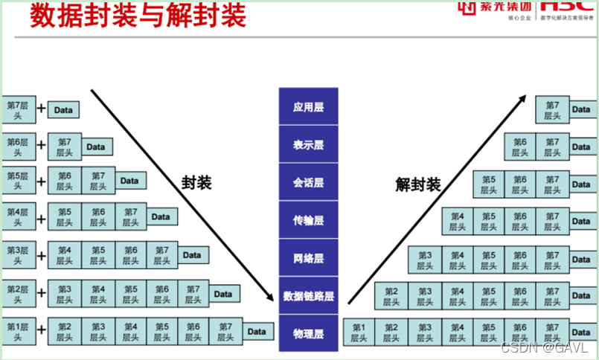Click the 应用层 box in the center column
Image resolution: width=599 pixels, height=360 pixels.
[308, 106]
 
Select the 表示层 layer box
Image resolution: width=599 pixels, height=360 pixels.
[308, 144]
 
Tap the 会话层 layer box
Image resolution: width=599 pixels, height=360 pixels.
[308, 182]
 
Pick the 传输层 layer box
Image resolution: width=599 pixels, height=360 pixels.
[308, 220]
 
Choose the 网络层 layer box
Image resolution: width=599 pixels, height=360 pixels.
[308, 258]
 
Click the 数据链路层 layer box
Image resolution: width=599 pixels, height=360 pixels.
[308, 296]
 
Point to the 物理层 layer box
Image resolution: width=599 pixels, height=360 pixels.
[308, 332]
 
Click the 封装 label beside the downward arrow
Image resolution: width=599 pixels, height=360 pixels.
[196, 182]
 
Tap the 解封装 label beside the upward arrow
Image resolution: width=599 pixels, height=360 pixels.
[417, 184]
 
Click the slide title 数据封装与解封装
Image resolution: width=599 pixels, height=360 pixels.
[138, 16]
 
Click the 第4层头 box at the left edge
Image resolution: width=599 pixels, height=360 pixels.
[17, 217]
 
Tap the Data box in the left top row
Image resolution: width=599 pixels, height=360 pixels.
[63, 110]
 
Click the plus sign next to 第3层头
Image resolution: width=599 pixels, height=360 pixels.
[41, 256]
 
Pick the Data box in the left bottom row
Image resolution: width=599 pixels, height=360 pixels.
[256, 332]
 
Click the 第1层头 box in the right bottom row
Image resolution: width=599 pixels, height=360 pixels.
[359, 332]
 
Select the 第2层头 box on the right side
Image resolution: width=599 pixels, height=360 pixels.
[391, 296]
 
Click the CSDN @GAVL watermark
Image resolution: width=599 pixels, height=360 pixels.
[545, 347]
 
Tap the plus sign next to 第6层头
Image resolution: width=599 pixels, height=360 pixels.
[41, 146]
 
